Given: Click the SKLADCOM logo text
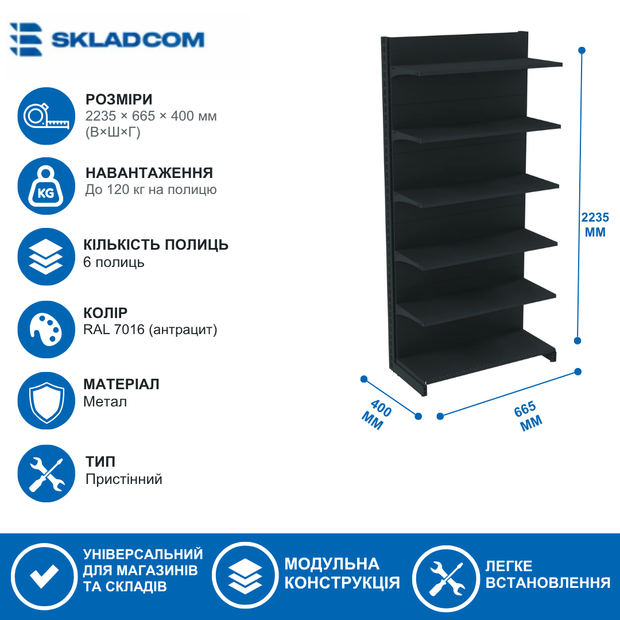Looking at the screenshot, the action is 127,40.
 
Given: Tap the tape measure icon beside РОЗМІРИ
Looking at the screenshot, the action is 46,116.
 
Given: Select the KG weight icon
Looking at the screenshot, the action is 46,186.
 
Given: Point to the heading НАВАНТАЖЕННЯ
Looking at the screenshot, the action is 149,173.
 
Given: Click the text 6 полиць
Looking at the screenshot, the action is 114,262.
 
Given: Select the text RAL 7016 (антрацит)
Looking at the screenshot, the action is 150,330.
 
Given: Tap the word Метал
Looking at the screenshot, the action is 105,402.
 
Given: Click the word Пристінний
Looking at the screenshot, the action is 124,479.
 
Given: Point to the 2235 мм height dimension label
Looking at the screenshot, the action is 595,224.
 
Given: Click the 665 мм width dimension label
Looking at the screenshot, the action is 528,416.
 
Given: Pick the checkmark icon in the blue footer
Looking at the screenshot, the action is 44,576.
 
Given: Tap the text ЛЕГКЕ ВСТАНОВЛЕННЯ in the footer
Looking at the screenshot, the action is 548,574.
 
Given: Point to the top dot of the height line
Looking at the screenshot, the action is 582,50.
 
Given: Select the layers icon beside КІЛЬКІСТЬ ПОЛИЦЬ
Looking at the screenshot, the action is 46,257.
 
